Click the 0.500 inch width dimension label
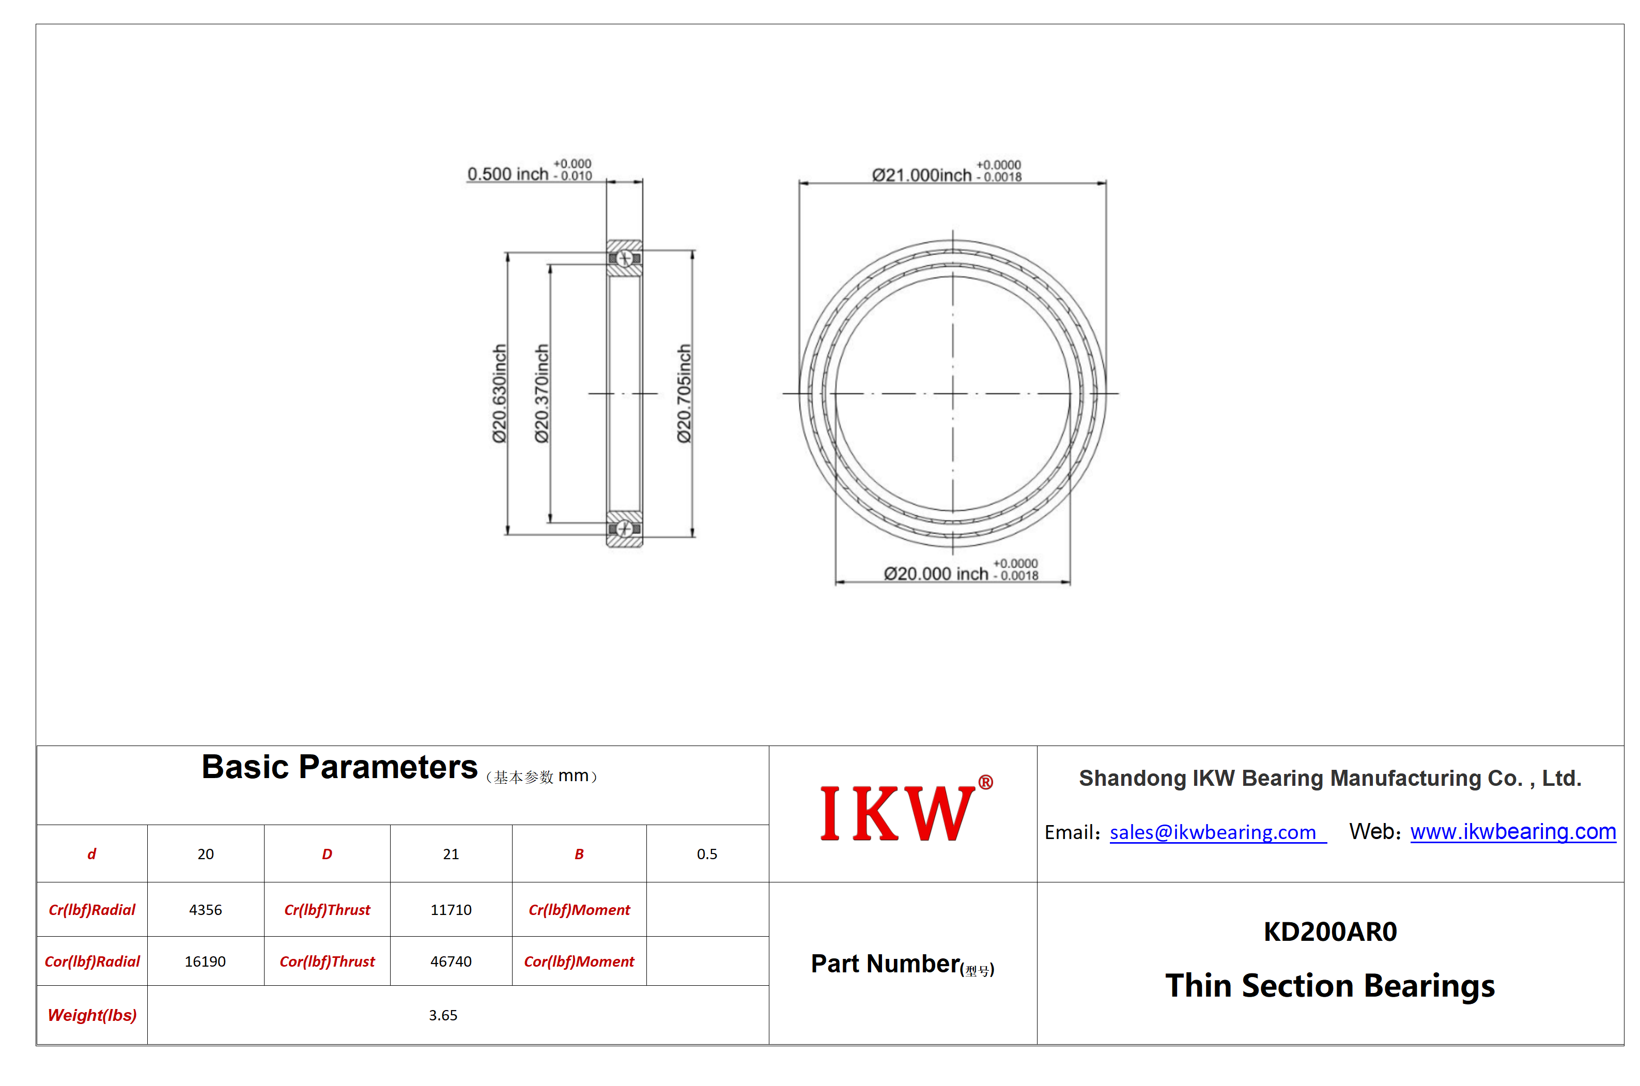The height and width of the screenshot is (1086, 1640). coord(529,171)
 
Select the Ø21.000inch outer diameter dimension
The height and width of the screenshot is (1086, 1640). coord(946,172)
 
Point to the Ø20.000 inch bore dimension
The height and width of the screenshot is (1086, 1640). coord(961,570)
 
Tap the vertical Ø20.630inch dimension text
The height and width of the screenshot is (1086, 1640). coord(499,393)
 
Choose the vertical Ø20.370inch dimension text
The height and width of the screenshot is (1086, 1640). coord(541,393)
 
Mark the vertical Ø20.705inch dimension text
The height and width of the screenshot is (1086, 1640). coord(684,393)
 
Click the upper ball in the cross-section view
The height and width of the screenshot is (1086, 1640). coord(624,258)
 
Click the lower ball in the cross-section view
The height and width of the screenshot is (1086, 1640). coord(624,529)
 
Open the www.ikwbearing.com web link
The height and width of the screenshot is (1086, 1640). coord(1512,831)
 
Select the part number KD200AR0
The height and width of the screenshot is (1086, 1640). coord(1330,932)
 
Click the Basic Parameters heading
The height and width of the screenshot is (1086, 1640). coord(339,767)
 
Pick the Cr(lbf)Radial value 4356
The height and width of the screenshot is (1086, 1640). coord(206,909)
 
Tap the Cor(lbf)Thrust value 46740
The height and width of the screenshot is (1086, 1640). coord(451,961)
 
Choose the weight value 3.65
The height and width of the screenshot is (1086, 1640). coord(443,1015)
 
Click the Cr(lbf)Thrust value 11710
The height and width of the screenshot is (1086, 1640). coord(451,909)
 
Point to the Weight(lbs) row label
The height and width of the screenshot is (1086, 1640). coord(92,1015)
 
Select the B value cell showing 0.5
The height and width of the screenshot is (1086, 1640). coord(707,854)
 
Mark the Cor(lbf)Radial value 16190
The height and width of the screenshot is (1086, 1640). coord(205,961)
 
